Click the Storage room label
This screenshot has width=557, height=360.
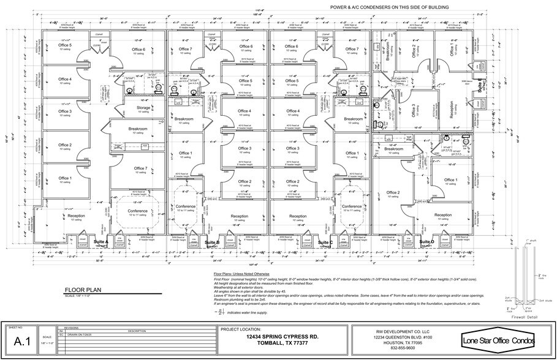click(x=143, y=108)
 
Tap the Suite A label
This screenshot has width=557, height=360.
click(x=100, y=242)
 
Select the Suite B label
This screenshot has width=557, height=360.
click(x=212, y=242)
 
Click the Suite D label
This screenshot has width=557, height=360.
click(x=426, y=242)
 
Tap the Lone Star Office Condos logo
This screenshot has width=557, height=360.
click(x=498, y=340)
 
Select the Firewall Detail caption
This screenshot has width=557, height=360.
click(x=526, y=318)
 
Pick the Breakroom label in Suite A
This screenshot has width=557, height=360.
click(x=137, y=129)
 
